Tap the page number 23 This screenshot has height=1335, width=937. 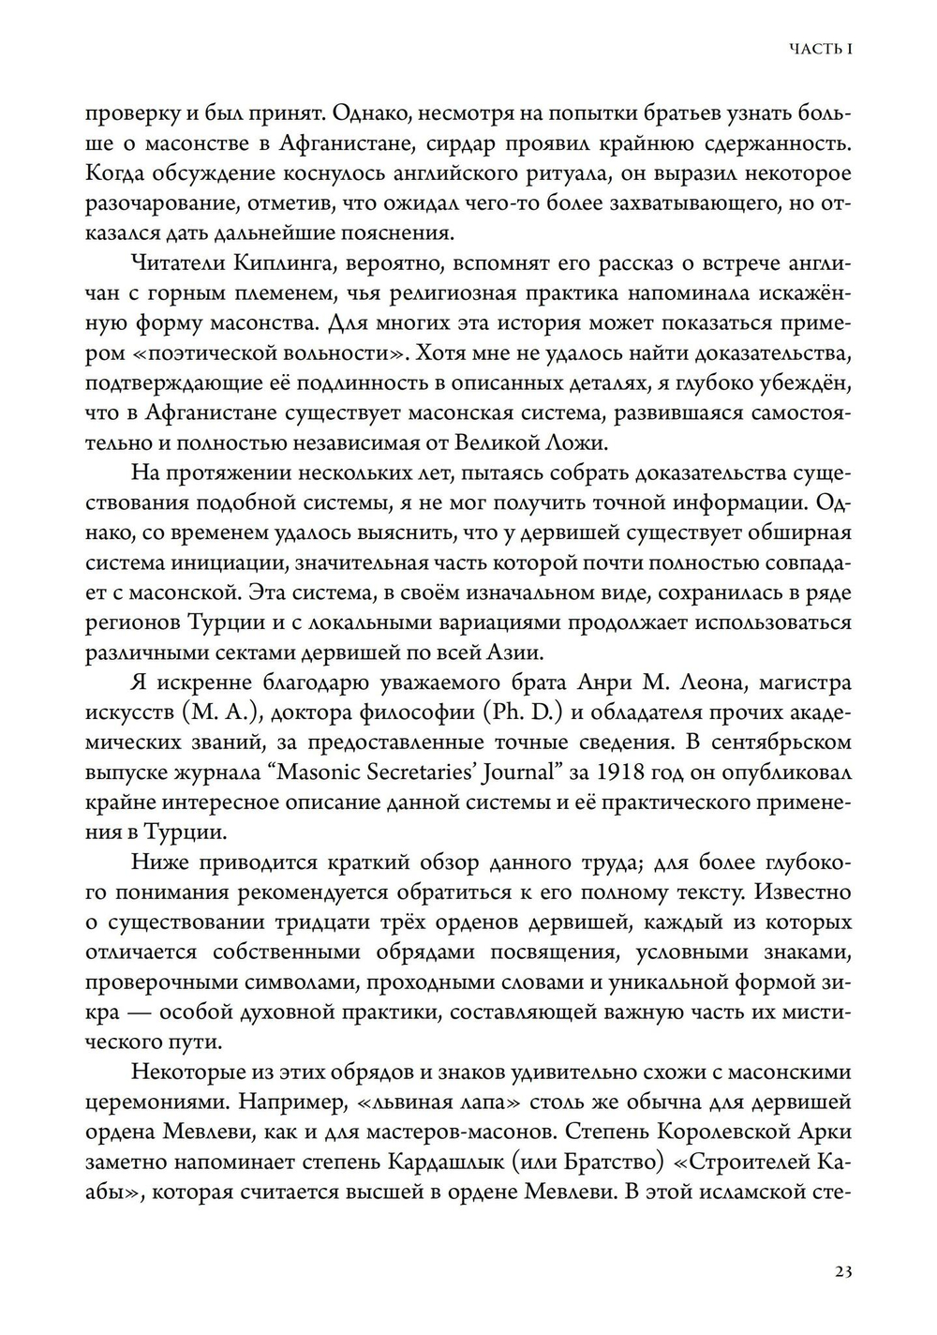(841, 1271)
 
